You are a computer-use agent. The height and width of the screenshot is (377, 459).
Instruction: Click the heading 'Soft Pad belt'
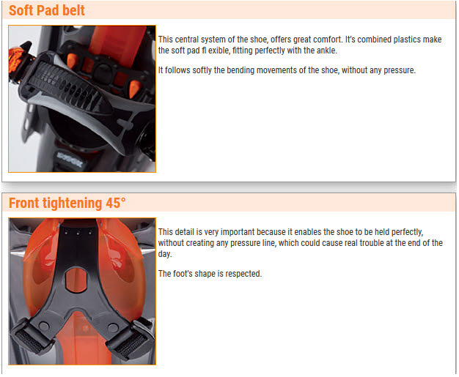46,10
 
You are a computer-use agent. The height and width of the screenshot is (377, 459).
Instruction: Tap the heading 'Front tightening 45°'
67,203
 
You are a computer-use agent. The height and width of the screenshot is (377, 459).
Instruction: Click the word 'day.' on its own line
165,254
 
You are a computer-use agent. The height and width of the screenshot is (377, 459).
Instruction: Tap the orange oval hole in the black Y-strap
76,280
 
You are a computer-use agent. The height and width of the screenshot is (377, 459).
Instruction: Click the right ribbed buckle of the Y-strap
129,340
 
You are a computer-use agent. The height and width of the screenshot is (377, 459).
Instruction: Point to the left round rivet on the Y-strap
44,326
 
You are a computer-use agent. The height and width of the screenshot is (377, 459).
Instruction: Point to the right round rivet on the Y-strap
113,328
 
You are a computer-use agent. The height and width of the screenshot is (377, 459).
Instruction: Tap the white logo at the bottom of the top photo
70,160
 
